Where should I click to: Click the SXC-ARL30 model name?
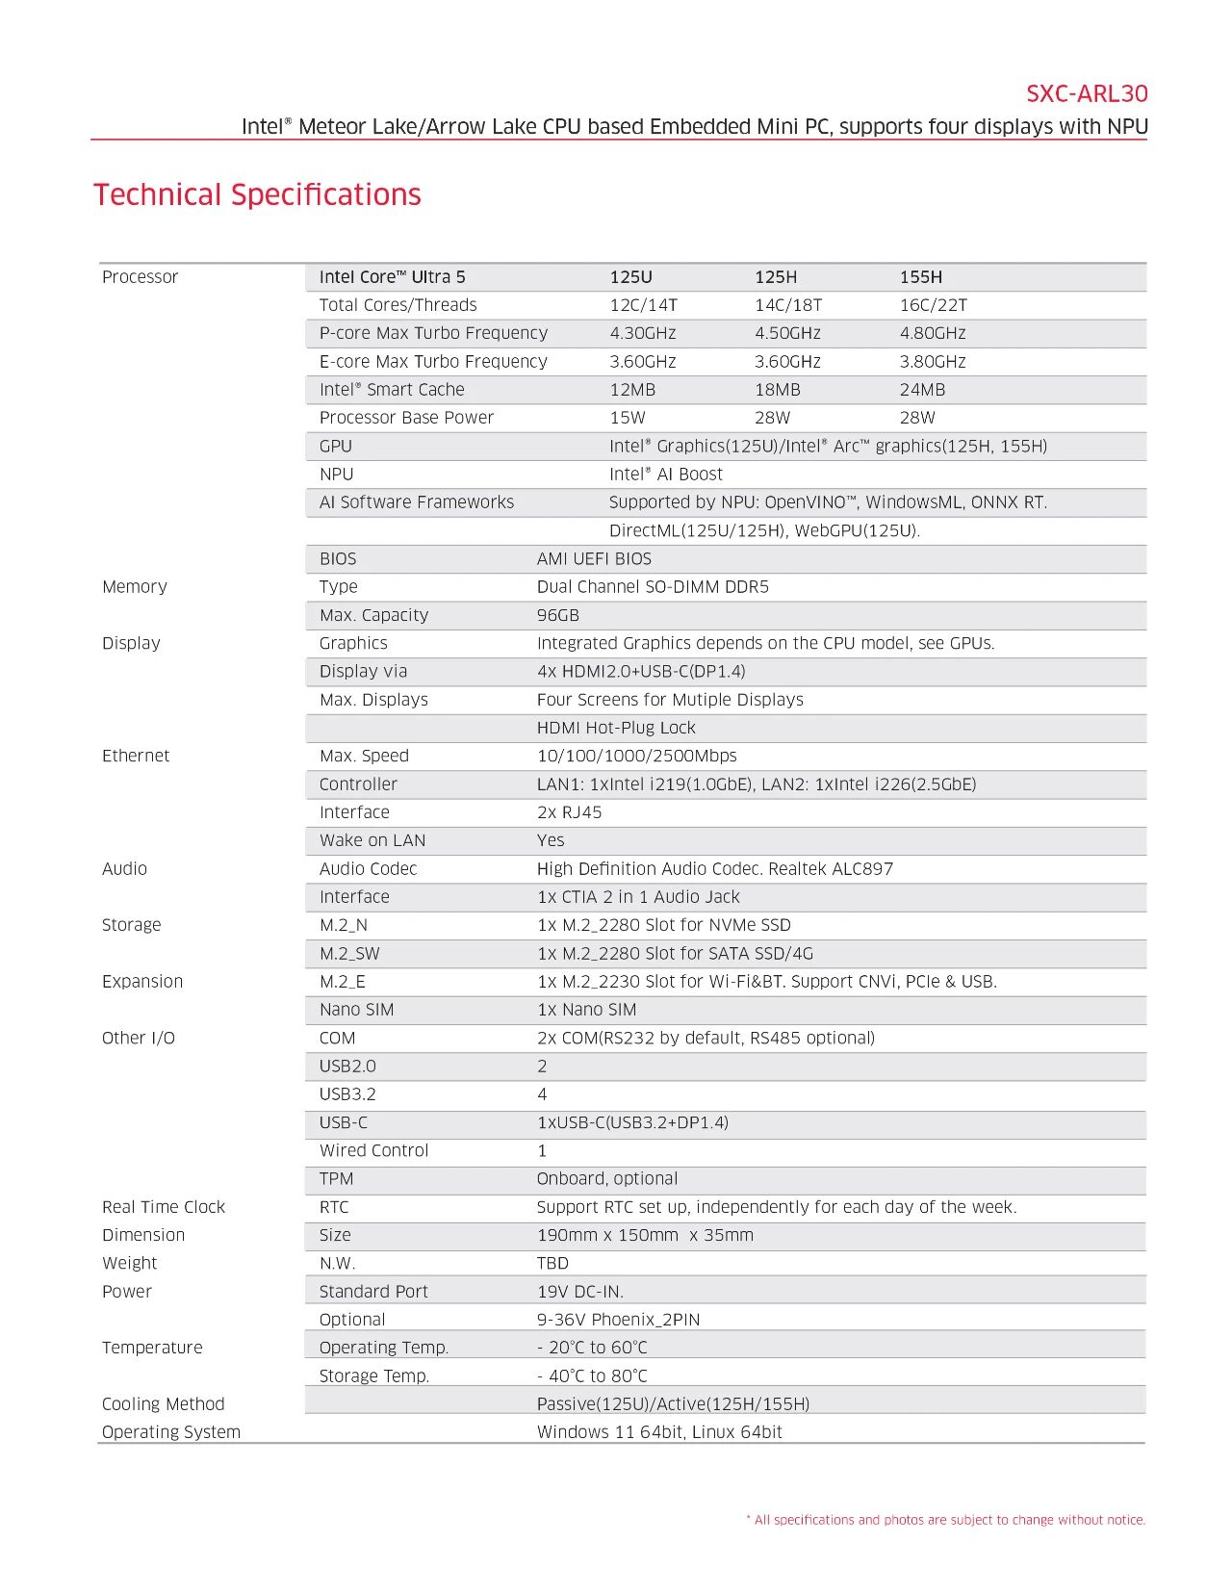[x=1086, y=93]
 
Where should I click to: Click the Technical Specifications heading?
[x=257, y=194]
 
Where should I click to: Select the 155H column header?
[x=920, y=277]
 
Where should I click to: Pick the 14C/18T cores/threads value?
[x=787, y=305]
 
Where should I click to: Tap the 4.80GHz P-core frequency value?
[x=932, y=333]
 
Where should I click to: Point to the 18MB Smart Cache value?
[x=777, y=390]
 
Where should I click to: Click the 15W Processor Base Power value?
[x=627, y=418]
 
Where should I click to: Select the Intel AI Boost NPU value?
[x=665, y=475]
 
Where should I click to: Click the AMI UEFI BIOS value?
[x=594, y=559]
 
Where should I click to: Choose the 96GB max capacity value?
[x=557, y=615]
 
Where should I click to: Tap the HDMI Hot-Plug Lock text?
[x=615, y=728]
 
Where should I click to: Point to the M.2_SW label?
[x=348, y=954]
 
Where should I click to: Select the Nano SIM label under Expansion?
[x=356, y=1010]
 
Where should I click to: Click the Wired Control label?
[x=373, y=1150]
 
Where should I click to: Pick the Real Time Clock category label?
[x=163, y=1207]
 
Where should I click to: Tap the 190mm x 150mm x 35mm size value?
[x=644, y=1235]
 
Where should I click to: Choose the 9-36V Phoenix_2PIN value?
[x=617, y=1320]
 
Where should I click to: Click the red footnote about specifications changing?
[x=945, y=1520]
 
